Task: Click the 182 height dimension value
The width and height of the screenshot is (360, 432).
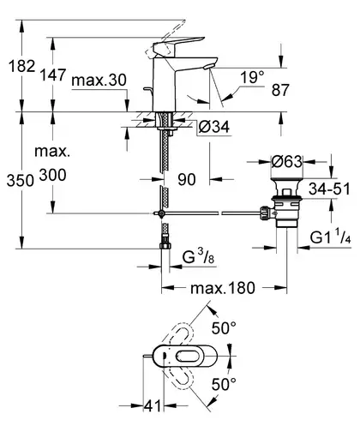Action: click(21, 66)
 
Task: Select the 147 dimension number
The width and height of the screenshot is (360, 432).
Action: click(52, 75)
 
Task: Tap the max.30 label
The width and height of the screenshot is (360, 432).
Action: click(99, 81)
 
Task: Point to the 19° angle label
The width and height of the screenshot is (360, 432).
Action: click(252, 77)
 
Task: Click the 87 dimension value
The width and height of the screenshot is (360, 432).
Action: click(280, 90)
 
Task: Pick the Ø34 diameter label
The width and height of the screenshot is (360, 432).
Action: click(214, 127)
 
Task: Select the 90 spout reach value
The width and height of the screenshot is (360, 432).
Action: click(187, 179)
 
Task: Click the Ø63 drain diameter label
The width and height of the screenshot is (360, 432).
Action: click(286, 162)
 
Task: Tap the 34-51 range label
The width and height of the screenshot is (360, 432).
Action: click(329, 189)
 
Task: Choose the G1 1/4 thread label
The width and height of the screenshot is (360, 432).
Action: click(331, 237)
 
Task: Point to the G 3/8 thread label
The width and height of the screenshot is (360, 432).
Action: click(198, 256)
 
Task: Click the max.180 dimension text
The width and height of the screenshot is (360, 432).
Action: click(223, 288)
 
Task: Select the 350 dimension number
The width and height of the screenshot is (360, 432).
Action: click(21, 181)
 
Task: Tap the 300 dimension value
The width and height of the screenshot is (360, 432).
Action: click(52, 175)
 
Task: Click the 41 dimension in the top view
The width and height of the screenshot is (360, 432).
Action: click(153, 406)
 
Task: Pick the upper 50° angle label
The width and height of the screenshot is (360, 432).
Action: click(224, 328)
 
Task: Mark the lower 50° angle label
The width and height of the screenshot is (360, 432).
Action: click(224, 385)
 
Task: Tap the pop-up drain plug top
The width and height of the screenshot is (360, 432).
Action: click(286, 179)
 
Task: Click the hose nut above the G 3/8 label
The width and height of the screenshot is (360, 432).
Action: click(165, 245)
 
